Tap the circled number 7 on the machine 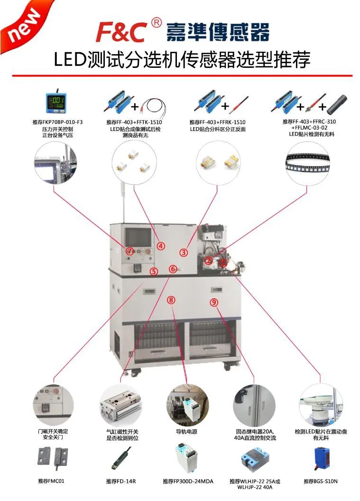click(x=129, y=250)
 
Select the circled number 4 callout click(x=161, y=246)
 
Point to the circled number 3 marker click(x=184, y=252)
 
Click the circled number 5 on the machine click(x=154, y=271)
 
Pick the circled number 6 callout click(x=173, y=269)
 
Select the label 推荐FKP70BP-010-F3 click(x=54, y=122)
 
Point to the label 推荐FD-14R click(x=120, y=481)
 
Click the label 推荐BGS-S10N click(x=321, y=481)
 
